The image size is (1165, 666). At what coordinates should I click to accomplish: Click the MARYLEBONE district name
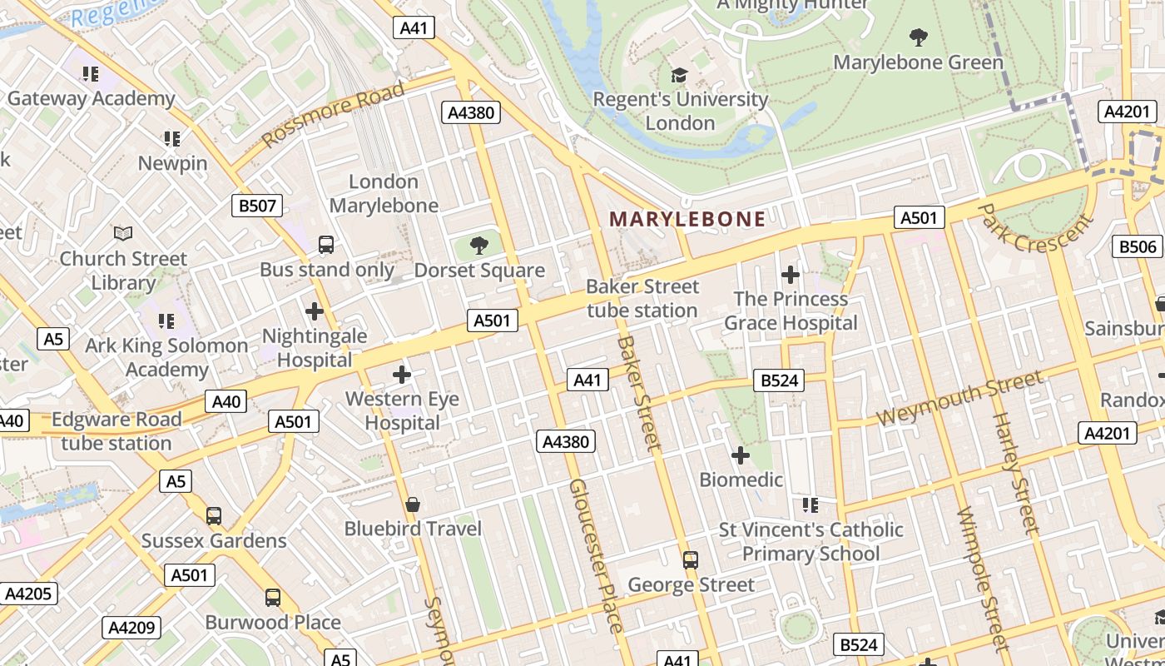(687, 219)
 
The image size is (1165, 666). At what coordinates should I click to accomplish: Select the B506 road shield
(1137, 246)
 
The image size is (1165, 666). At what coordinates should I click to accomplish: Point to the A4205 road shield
(29, 594)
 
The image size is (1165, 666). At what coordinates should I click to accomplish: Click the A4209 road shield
(131, 628)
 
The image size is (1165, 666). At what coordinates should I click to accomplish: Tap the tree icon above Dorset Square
(478, 245)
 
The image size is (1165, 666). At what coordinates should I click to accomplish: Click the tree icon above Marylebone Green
(918, 37)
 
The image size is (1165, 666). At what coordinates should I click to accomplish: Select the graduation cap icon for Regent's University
(680, 75)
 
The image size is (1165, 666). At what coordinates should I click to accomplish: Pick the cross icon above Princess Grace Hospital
(790, 274)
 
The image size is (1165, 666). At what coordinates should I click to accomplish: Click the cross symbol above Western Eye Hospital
(402, 375)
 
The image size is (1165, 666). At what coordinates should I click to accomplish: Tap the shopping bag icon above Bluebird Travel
(413, 504)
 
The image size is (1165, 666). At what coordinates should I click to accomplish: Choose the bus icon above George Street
(690, 560)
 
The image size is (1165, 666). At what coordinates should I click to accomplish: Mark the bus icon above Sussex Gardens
(214, 516)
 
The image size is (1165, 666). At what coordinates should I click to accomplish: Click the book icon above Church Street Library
(123, 234)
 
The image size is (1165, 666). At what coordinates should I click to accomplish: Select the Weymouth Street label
(959, 399)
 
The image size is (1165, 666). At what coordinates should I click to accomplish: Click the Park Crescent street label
(1034, 226)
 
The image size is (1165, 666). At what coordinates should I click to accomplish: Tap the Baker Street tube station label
(642, 298)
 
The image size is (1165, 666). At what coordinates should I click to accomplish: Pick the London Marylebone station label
(384, 193)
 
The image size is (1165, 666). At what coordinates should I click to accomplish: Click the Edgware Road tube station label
(116, 430)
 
